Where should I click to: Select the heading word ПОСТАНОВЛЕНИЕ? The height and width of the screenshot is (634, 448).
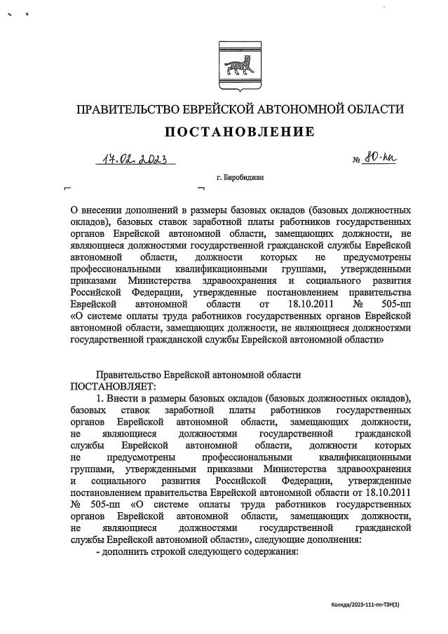click(x=240, y=132)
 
